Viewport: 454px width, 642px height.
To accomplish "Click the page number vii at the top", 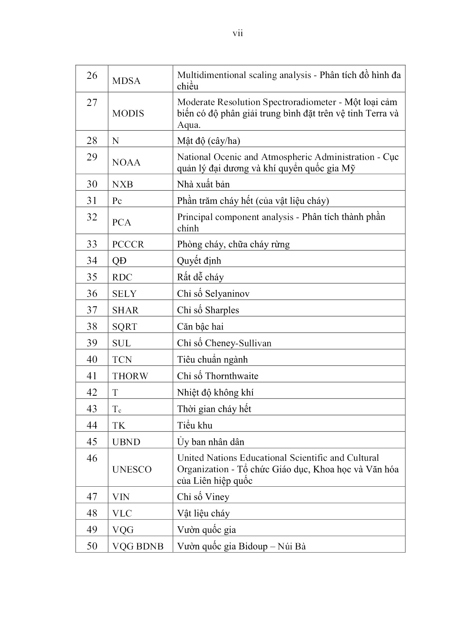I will [x=238, y=33].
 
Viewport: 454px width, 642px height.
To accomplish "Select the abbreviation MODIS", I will [x=128, y=114].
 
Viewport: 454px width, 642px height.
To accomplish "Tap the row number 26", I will [x=92, y=75].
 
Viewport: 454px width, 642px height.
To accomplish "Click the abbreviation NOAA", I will [x=126, y=163].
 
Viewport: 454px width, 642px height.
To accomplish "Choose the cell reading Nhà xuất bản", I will [x=203, y=184].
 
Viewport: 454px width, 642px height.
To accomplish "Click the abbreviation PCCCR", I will [x=128, y=244].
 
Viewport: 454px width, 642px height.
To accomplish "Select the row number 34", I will [x=92, y=261].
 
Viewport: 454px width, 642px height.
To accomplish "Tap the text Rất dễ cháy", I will [x=200, y=277].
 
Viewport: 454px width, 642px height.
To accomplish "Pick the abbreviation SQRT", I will [x=124, y=327].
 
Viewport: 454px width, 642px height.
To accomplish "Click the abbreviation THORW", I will [x=130, y=376].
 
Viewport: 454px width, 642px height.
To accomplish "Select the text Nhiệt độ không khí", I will [x=215, y=393].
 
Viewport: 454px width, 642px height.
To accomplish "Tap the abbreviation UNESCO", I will [x=132, y=469].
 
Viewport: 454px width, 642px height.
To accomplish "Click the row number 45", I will [x=92, y=442].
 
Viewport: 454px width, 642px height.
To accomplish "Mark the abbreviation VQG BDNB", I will [x=138, y=546].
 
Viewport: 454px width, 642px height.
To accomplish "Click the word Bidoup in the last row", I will [x=253, y=546].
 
